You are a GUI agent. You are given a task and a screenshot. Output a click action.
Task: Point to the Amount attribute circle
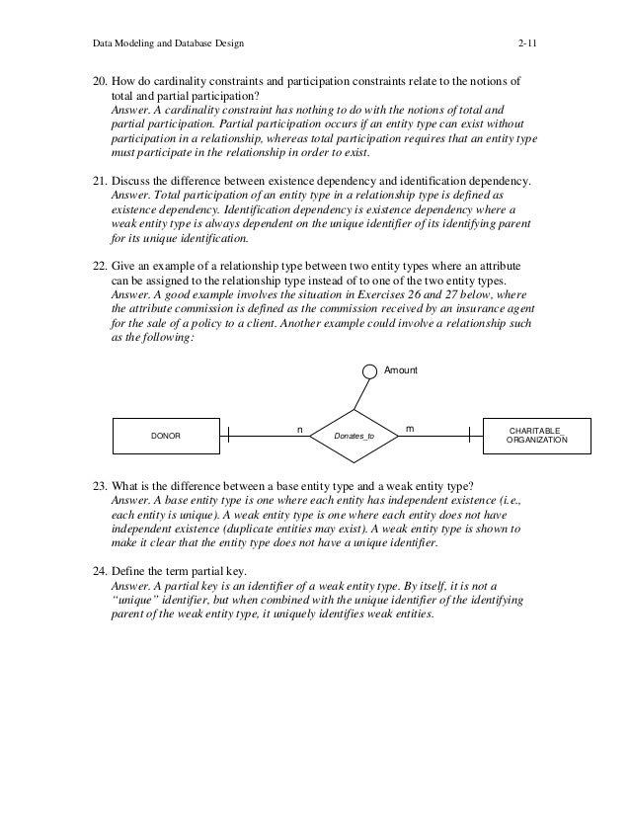368,371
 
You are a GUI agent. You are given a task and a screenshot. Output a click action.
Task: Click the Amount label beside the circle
402,370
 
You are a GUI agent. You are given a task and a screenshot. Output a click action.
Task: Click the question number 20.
88,80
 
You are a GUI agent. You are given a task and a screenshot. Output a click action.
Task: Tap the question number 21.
88,183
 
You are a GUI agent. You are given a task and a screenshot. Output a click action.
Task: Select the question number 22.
88,269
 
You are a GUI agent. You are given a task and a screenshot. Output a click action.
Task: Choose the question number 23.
88,486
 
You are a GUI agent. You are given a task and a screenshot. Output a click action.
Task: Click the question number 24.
88,572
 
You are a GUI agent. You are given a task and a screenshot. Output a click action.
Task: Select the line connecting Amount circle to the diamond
361,394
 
